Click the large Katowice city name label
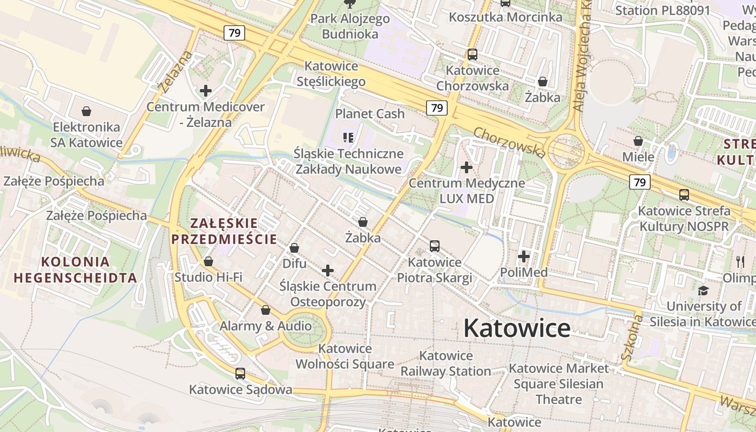point(517,328)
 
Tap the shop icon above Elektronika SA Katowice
point(86,111)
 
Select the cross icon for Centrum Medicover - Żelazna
point(205,91)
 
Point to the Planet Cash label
point(370,114)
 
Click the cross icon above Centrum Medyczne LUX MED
point(467,167)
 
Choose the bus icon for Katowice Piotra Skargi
point(434,246)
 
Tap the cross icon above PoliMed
point(523,256)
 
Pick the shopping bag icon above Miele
point(638,141)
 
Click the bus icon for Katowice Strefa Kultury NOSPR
point(684,194)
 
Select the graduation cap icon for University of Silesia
point(703,291)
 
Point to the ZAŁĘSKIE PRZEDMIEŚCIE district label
point(224,231)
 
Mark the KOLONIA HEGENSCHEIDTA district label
point(75,269)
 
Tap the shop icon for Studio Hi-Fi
point(208,261)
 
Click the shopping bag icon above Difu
point(294,248)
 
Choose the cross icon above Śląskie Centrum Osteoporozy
point(328,271)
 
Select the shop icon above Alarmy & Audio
point(265,310)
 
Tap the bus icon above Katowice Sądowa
point(240,373)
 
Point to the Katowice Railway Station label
point(446,363)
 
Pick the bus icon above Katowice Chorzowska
point(473,54)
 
